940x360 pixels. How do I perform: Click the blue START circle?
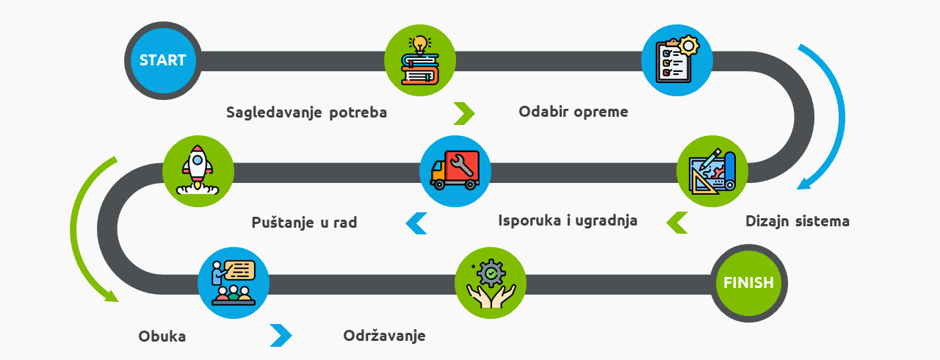click(163, 60)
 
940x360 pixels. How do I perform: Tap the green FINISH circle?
click(748, 283)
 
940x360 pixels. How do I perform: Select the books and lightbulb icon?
click(420, 60)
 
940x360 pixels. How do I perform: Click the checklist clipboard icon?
click(677, 60)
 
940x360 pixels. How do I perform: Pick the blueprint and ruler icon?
click(712, 171)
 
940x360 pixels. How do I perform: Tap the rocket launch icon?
click(198, 171)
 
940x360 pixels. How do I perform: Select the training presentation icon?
click(234, 283)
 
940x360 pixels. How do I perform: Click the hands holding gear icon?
click(491, 283)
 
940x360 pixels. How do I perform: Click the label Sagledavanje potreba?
click(306, 112)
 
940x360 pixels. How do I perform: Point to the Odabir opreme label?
click(574, 112)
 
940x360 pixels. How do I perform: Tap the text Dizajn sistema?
click(798, 221)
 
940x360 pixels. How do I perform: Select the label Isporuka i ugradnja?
click(568, 220)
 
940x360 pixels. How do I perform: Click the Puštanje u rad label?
click(304, 222)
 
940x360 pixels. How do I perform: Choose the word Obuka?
click(162, 336)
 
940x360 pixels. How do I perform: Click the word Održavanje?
click(384, 336)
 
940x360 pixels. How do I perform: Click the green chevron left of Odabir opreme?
click(464, 113)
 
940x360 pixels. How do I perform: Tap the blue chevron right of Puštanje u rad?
click(416, 223)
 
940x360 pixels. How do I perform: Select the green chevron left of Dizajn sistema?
click(677, 223)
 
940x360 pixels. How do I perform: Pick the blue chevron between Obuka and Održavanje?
click(281, 336)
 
